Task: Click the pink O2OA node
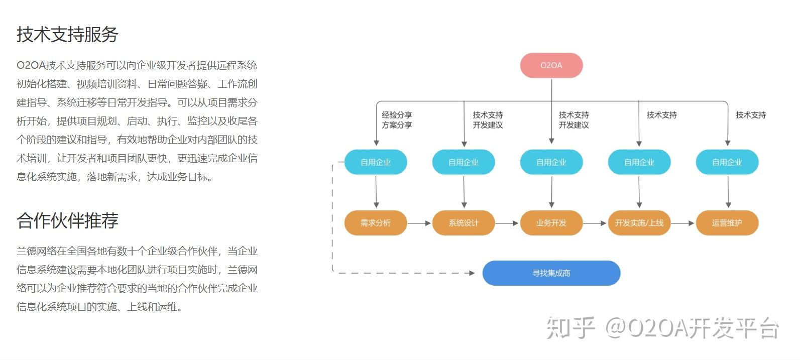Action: [x=551, y=65]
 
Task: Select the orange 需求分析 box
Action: [x=375, y=223]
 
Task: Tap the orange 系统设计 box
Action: [x=463, y=223]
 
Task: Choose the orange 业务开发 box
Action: [x=551, y=223]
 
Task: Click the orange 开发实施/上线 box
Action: [x=639, y=223]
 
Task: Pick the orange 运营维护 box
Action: [x=727, y=223]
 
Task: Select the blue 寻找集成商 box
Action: [x=551, y=273]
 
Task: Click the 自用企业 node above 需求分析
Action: [x=375, y=162]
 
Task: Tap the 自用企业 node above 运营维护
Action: [x=727, y=162]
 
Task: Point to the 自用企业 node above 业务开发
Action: [x=551, y=162]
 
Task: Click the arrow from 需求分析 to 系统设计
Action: [x=419, y=223]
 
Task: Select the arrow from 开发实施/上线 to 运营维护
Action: [x=683, y=223]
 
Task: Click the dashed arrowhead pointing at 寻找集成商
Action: [x=471, y=273]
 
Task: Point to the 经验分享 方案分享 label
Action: [x=397, y=120]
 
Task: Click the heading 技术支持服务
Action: [x=67, y=34]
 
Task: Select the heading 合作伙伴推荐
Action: [x=67, y=220]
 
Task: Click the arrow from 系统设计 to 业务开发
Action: [x=507, y=223]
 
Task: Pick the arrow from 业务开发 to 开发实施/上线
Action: [x=595, y=223]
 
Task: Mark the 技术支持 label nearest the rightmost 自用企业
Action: [x=751, y=115]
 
